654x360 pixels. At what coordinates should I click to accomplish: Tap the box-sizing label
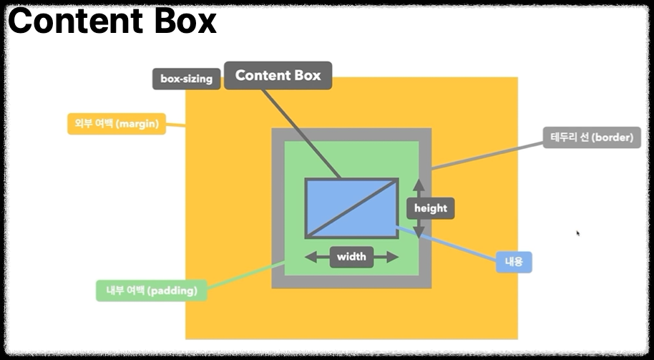click(186, 79)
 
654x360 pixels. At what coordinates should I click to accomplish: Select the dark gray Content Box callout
click(278, 75)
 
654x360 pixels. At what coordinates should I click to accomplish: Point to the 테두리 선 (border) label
click(591, 137)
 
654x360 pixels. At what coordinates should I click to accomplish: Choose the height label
click(430, 208)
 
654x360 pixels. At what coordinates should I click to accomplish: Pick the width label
click(351, 257)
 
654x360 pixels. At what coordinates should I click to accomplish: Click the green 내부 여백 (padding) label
click(152, 291)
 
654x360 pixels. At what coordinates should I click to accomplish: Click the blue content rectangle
click(351, 208)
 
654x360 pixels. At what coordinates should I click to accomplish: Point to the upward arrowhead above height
click(419, 185)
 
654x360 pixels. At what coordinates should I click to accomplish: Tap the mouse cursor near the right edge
click(577, 233)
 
